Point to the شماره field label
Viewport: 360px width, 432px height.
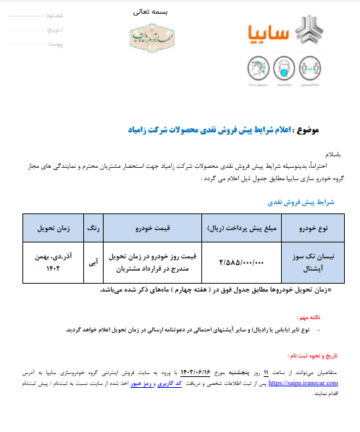click(55, 14)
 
